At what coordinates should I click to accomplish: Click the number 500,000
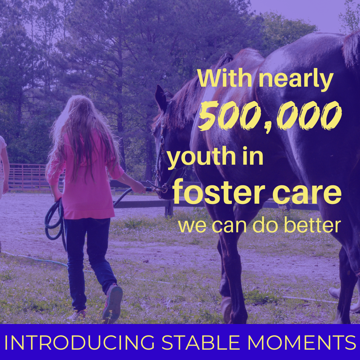(x=270, y=116)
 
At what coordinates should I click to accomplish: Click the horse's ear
(x=161, y=97)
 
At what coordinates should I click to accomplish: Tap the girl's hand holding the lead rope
(x=139, y=187)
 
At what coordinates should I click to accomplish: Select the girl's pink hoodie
(x=86, y=177)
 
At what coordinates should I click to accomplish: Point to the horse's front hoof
(x=226, y=309)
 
